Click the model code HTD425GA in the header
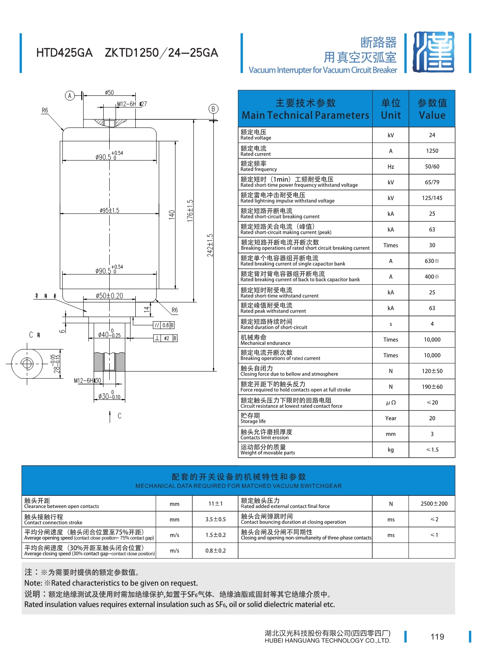click(x=64, y=53)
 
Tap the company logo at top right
click(x=433, y=52)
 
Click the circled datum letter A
click(x=70, y=96)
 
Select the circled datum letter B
click(x=213, y=109)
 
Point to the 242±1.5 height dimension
click(x=210, y=245)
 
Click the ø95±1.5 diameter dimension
click(x=109, y=210)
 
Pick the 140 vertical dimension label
click(x=172, y=214)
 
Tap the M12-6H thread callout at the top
click(x=127, y=104)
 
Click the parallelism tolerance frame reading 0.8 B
click(x=164, y=325)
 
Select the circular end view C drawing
click(x=27, y=363)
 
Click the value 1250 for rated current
click(x=432, y=151)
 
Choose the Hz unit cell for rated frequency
click(x=391, y=166)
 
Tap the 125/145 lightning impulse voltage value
click(x=432, y=198)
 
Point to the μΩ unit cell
click(x=391, y=402)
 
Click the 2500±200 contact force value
click(x=434, y=504)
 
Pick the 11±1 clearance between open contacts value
click(x=215, y=504)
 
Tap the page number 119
click(x=437, y=637)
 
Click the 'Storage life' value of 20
click(x=432, y=418)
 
